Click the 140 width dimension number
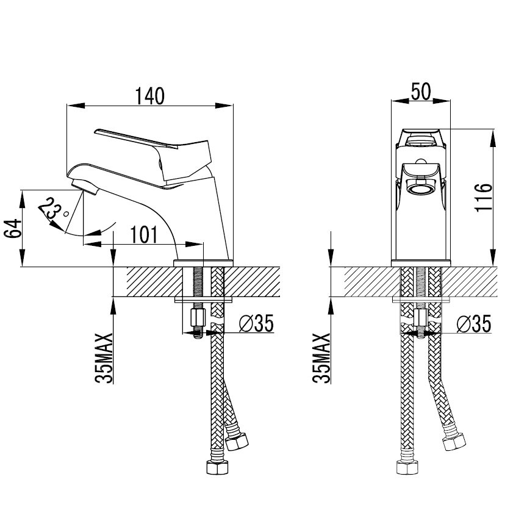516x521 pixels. point(150,96)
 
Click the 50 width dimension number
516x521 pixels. point(421,92)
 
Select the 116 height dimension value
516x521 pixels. point(483,197)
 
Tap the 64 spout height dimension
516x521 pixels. point(13,228)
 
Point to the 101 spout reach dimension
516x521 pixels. point(143,235)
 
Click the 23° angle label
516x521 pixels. point(53,209)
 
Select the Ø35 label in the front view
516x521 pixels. point(474,323)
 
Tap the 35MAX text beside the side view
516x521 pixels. point(104,358)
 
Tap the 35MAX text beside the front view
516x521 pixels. point(321,358)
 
